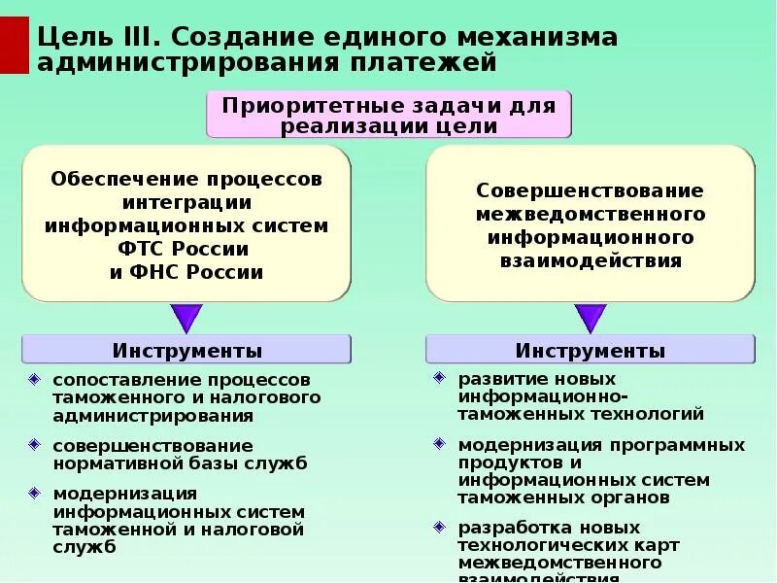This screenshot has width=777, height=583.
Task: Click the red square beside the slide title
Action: [x=15, y=44]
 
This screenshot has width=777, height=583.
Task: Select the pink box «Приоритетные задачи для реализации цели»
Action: [x=388, y=115]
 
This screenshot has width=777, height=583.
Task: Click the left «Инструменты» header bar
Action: [x=186, y=350]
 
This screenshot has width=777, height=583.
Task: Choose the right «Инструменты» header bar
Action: [x=591, y=350]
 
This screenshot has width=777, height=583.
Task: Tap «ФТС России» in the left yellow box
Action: [x=186, y=249]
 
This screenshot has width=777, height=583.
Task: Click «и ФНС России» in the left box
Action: [x=186, y=272]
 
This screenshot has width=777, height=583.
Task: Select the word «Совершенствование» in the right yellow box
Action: [x=591, y=191]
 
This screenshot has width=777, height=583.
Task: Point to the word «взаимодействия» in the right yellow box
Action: [x=591, y=261]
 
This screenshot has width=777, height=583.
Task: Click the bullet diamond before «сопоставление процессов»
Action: [x=36, y=378]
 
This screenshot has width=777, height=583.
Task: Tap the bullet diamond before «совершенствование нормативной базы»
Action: [x=36, y=445]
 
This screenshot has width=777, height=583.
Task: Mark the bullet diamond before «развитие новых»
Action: [x=439, y=377]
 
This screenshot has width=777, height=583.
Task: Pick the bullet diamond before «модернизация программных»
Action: [x=439, y=444]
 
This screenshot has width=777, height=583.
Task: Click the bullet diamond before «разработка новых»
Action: [x=439, y=528]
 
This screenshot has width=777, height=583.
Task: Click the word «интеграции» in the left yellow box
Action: [x=186, y=202]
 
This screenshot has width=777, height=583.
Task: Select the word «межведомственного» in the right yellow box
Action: [x=591, y=215]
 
